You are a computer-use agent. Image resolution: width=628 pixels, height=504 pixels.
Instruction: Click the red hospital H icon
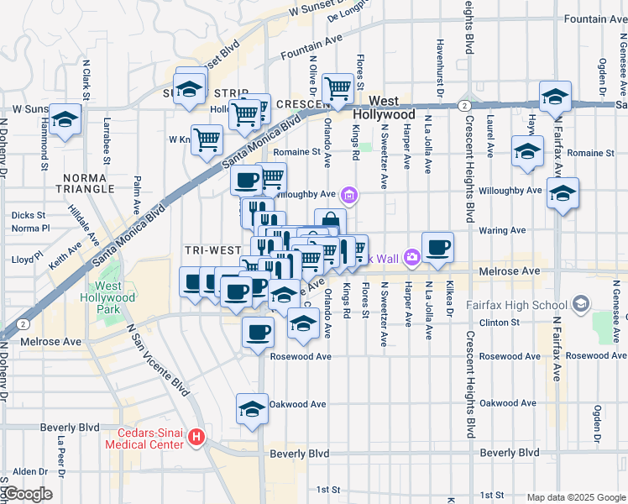click(196, 437)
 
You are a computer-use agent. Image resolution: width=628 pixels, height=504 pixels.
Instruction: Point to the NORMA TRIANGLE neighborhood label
click(83, 183)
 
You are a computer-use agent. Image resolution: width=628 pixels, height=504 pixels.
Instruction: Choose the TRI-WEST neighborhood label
click(213, 251)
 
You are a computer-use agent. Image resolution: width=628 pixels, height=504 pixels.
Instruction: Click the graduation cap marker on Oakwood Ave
click(252, 409)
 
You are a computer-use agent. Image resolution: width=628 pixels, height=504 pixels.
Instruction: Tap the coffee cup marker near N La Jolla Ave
click(437, 247)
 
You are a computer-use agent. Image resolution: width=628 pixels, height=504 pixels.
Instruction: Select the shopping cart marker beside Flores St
click(338, 87)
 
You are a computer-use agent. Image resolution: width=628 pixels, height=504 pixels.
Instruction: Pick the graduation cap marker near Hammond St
click(65, 119)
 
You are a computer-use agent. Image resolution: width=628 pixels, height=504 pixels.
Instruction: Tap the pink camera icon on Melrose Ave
click(412, 257)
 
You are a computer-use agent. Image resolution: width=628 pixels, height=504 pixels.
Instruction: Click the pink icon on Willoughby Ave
click(350, 197)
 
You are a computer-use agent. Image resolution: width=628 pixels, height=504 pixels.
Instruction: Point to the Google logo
click(27, 494)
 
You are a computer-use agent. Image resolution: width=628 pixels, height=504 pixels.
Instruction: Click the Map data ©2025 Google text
click(576, 496)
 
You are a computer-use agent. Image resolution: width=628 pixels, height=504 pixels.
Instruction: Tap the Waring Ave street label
click(502, 230)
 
